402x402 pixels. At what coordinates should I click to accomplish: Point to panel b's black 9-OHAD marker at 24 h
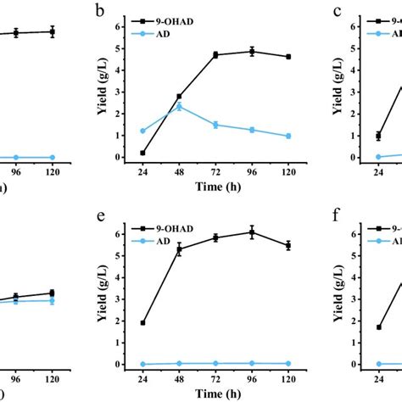[142, 153]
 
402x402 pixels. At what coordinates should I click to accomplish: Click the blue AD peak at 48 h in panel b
[179, 106]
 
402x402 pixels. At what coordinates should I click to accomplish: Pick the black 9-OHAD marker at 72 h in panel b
[215, 54]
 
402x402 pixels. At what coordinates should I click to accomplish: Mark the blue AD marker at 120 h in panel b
[288, 136]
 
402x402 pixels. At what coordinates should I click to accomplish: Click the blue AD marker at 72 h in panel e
[215, 363]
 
